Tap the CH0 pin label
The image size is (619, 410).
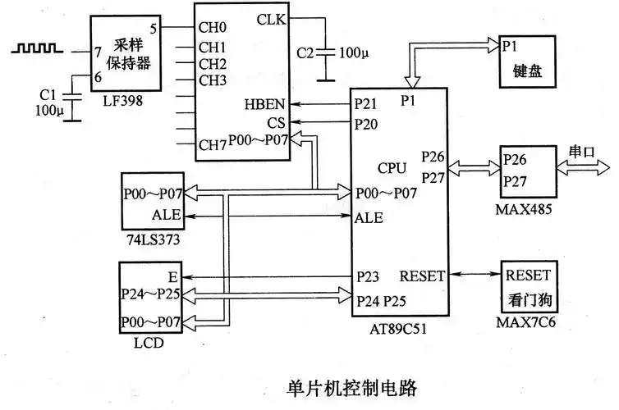click(x=212, y=26)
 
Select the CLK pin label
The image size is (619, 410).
click(x=272, y=19)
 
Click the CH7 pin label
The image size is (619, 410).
click(x=212, y=145)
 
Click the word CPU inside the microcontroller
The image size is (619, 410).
click(x=392, y=168)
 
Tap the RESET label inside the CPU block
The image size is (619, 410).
click(x=422, y=276)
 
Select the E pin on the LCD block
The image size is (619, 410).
click(x=173, y=276)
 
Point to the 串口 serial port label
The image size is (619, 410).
click(x=584, y=153)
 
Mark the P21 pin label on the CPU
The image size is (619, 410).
click(x=366, y=105)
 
